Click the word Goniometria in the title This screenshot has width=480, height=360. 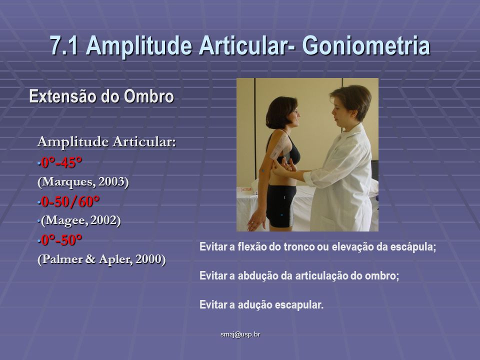366,45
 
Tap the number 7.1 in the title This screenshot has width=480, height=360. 64,45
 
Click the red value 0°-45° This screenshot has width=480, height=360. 62,162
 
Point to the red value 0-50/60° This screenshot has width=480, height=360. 70,201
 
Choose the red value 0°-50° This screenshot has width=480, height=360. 62,240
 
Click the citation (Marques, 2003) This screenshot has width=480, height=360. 83,182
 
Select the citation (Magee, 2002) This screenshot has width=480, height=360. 81,220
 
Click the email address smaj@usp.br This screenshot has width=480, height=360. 240,334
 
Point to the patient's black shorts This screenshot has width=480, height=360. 280,206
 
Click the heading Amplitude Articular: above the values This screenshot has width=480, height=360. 106,141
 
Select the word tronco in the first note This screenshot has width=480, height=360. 299,246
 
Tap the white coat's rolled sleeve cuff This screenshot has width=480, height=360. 310,179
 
